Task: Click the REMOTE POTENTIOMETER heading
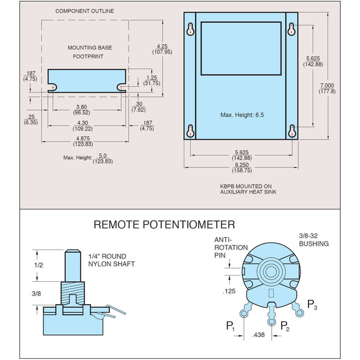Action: pyautogui.click(x=164, y=225)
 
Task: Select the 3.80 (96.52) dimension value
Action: pyautogui.click(x=81, y=109)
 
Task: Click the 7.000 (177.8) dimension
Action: pyautogui.click(x=326, y=88)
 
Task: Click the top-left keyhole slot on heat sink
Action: pyautogui.click(x=192, y=29)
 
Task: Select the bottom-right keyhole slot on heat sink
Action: pyautogui.click(x=291, y=131)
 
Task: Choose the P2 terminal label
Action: pyautogui.click(x=284, y=325)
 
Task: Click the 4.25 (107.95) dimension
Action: pyautogui.click(x=163, y=48)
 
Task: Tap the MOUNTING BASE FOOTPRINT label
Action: pyautogui.click(x=86, y=52)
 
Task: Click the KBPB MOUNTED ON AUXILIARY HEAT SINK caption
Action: pyautogui.click(x=246, y=189)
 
